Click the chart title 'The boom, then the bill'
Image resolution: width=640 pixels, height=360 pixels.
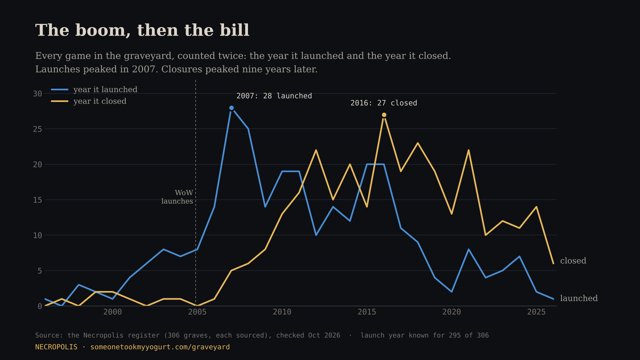[x=142, y=30]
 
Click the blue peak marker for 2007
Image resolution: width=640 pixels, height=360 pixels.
[x=231, y=108]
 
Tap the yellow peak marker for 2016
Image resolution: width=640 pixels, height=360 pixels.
[x=384, y=115]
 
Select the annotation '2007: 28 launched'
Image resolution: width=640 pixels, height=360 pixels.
[x=274, y=96]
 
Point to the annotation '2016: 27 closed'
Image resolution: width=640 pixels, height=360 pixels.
[x=384, y=103]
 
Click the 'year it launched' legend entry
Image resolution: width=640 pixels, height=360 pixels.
[x=94, y=89]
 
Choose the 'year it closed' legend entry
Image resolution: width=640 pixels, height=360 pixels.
[x=89, y=101]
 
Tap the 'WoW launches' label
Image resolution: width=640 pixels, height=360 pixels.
[x=177, y=197]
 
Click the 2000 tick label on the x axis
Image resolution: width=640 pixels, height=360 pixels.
[x=113, y=312]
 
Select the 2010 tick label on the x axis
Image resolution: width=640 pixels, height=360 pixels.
[x=282, y=312]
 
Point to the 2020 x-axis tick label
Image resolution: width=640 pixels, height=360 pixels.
[x=451, y=312]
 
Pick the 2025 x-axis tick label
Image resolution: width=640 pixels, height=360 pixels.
[x=536, y=312]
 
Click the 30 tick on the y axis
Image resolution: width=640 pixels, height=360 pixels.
[x=38, y=93]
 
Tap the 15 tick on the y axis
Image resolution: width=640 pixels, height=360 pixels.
[x=38, y=200]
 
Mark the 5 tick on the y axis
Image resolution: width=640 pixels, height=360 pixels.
[x=40, y=271]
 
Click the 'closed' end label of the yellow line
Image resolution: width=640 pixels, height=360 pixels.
[x=573, y=261]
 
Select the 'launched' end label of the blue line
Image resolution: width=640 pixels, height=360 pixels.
[x=579, y=298]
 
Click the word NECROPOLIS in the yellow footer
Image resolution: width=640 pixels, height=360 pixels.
[x=56, y=347]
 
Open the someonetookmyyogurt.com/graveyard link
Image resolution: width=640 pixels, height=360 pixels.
[x=160, y=347]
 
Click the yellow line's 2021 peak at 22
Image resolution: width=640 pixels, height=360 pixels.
[x=469, y=150]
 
